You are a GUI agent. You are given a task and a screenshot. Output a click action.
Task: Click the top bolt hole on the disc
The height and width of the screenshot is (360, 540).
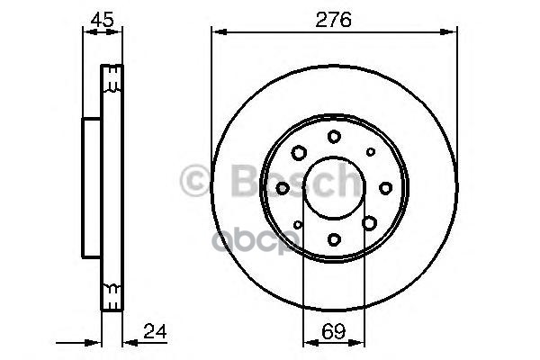(x=334, y=136)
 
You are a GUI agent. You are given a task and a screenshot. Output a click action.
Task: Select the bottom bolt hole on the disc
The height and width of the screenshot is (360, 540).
(x=334, y=238)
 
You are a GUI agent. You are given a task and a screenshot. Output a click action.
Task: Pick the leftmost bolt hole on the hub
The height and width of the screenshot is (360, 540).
(x=283, y=187)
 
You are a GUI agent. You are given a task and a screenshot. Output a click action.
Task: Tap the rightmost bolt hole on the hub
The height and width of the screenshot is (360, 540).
(x=385, y=187)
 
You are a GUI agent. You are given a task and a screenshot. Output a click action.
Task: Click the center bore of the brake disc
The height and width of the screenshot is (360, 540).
(x=334, y=188)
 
